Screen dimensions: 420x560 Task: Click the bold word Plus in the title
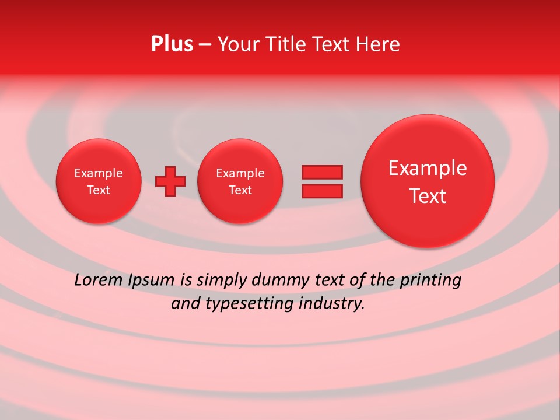pyautogui.click(x=171, y=44)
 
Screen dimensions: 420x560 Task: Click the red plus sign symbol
pyautogui.click(x=170, y=181)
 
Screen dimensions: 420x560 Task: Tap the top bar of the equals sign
pyautogui.click(x=321, y=172)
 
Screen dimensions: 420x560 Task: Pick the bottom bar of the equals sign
pyautogui.click(x=321, y=191)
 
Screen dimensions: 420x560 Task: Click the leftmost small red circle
pyautogui.click(x=98, y=181)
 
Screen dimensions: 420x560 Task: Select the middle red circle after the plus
pyautogui.click(x=240, y=181)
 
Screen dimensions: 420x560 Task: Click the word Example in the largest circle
pyautogui.click(x=428, y=168)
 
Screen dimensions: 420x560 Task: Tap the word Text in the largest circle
pyautogui.click(x=428, y=196)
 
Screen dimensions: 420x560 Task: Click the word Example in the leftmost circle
pyautogui.click(x=98, y=173)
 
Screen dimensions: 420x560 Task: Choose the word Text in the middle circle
pyautogui.click(x=240, y=190)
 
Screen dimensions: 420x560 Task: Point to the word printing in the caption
pyautogui.click(x=430, y=281)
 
